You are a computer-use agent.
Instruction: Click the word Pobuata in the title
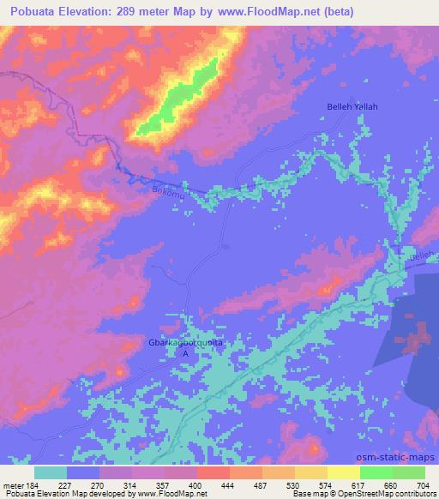34,12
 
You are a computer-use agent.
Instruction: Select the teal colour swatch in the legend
51,472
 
